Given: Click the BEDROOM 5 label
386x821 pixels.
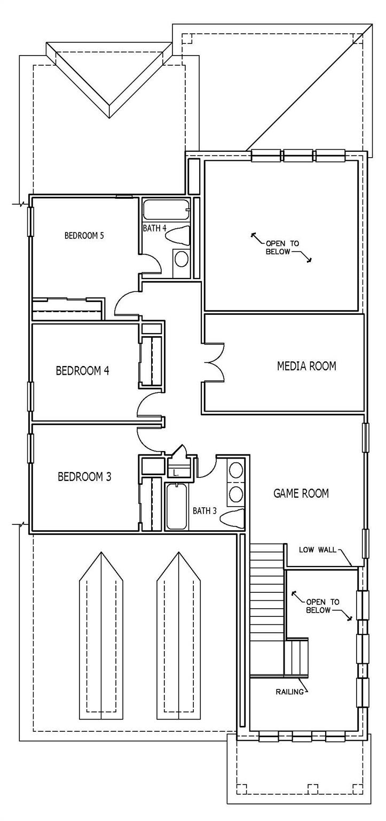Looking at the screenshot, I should point(84,235).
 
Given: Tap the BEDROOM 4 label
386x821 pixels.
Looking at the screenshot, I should point(83,370).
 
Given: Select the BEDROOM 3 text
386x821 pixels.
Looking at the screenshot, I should point(84,476).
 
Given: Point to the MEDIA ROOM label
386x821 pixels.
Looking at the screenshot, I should point(306,366).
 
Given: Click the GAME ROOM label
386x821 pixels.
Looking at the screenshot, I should point(301,493).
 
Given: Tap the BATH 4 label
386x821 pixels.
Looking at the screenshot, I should point(155,228).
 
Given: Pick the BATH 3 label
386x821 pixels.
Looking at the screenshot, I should point(204,510).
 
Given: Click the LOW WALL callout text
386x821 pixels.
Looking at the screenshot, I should point(317,549).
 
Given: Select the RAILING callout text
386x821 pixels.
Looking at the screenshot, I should point(290,692).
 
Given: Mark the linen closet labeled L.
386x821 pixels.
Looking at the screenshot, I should point(177,472).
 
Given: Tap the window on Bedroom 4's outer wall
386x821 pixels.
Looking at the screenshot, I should point(30,396).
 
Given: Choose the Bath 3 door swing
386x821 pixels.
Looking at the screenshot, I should point(206,466).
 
